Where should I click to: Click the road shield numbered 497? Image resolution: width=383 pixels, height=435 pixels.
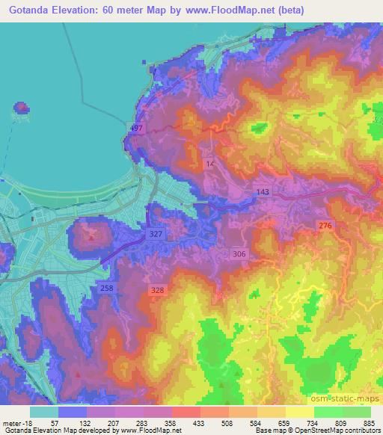pos(135,129)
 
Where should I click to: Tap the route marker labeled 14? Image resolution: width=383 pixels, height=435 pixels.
pos(210,164)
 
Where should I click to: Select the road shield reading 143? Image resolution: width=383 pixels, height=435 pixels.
pos(262,192)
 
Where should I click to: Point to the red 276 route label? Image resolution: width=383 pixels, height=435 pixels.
pos(325,225)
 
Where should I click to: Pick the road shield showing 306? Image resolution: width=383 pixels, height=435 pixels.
pos(239,254)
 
